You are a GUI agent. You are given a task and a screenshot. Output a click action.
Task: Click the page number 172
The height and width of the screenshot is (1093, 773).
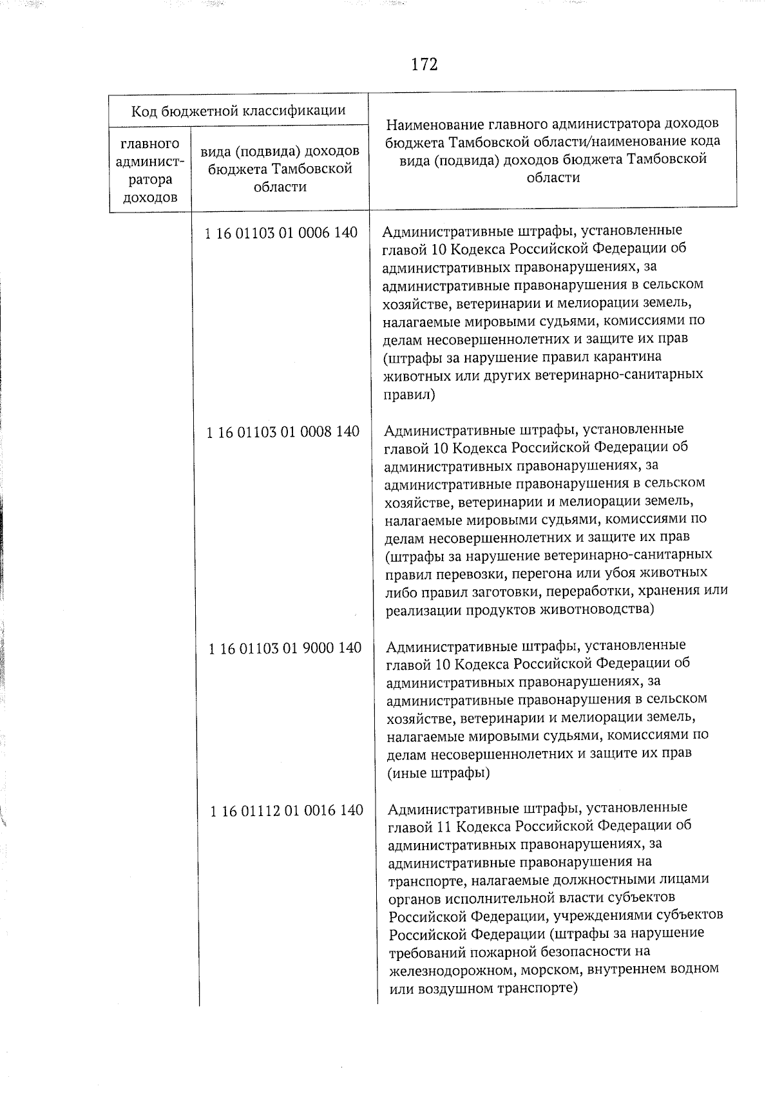click(x=424, y=65)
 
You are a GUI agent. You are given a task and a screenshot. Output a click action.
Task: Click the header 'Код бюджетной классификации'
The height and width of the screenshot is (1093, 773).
click(x=238, y=111)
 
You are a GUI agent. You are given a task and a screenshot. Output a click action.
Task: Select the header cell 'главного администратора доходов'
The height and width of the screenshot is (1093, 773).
click(x=150, y=170)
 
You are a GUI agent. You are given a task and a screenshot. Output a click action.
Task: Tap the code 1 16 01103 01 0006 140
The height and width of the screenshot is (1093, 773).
click(x=281, y=233)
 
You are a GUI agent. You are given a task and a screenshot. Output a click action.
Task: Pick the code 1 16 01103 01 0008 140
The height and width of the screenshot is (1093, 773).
click(x=283, y=432)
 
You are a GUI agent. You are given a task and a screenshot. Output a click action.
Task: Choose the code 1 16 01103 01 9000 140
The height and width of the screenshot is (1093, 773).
click(x=285, y=649)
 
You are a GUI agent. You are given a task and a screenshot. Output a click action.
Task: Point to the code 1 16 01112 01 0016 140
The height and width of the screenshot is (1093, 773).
click(x=287, y=810)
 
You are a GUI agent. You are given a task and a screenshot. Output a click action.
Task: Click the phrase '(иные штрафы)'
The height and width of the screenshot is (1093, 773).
click(x=438, y=772)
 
